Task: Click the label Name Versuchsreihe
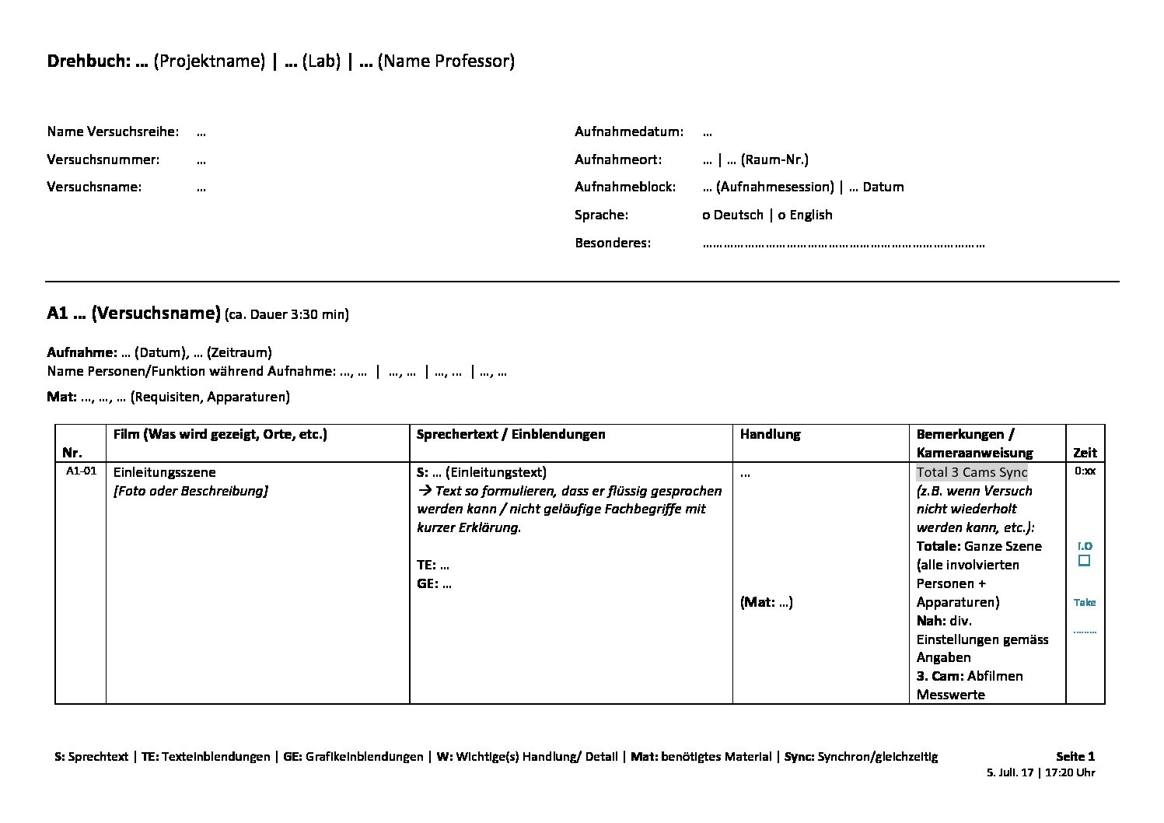113,131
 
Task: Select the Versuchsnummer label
103,159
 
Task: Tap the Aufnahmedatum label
629,131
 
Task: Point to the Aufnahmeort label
618,159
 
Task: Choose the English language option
810,215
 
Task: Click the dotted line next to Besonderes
843,243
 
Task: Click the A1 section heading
134,313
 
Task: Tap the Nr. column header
72,452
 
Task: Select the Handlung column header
770,434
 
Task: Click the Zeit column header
1085,452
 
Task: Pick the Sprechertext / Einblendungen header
510,434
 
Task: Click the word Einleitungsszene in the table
164,472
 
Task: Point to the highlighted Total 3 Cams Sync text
972,472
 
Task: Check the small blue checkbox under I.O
1084,560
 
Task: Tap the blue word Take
1085,602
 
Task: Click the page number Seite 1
1075,756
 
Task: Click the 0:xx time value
1085,471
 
